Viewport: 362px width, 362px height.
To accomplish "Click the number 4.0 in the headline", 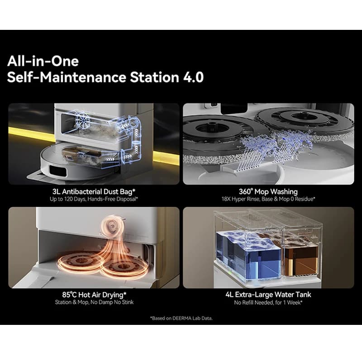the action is coord(194,77).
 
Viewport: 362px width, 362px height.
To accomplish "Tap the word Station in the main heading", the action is coord(154,77).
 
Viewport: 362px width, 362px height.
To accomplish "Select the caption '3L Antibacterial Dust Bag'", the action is coord(94,191).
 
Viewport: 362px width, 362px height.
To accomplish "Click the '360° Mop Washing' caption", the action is coord(268,191).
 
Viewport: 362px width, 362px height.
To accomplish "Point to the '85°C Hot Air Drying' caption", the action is coord(94,295).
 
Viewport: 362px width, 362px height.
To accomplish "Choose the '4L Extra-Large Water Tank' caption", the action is coord(268,295).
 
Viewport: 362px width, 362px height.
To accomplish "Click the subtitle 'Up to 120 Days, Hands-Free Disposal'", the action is coord(94,199).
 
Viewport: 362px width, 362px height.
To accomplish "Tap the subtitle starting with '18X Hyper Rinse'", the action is coord(268,199).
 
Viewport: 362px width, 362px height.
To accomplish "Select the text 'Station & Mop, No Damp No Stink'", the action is coord(94,302).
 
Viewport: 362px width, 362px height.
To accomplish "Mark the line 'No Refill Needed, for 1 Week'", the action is coord(268,302).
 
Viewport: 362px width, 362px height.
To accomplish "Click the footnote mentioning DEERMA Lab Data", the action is coord(181,318).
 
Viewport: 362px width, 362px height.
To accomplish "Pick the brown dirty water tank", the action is coord(301,256).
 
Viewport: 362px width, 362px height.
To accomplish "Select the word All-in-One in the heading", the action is coord(43,61).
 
